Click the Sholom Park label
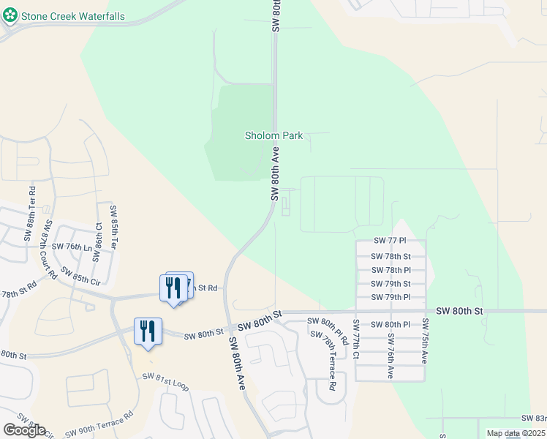[x=273, y=136]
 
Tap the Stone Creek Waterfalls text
[x=72, y=16]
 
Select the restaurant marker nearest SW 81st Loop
[x=148, y=331]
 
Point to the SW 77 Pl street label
[x=389, y=241]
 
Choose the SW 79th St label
[x=391, y=284]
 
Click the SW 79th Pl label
[x=391, y=297]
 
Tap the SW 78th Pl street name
[x=391, y=270]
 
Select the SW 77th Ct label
[x=356, y=339]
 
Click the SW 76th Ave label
[x=391, y=356]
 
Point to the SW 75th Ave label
[x=424, y=342]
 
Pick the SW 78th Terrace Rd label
[x=323, y=359]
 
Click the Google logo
[x=24, y=429]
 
